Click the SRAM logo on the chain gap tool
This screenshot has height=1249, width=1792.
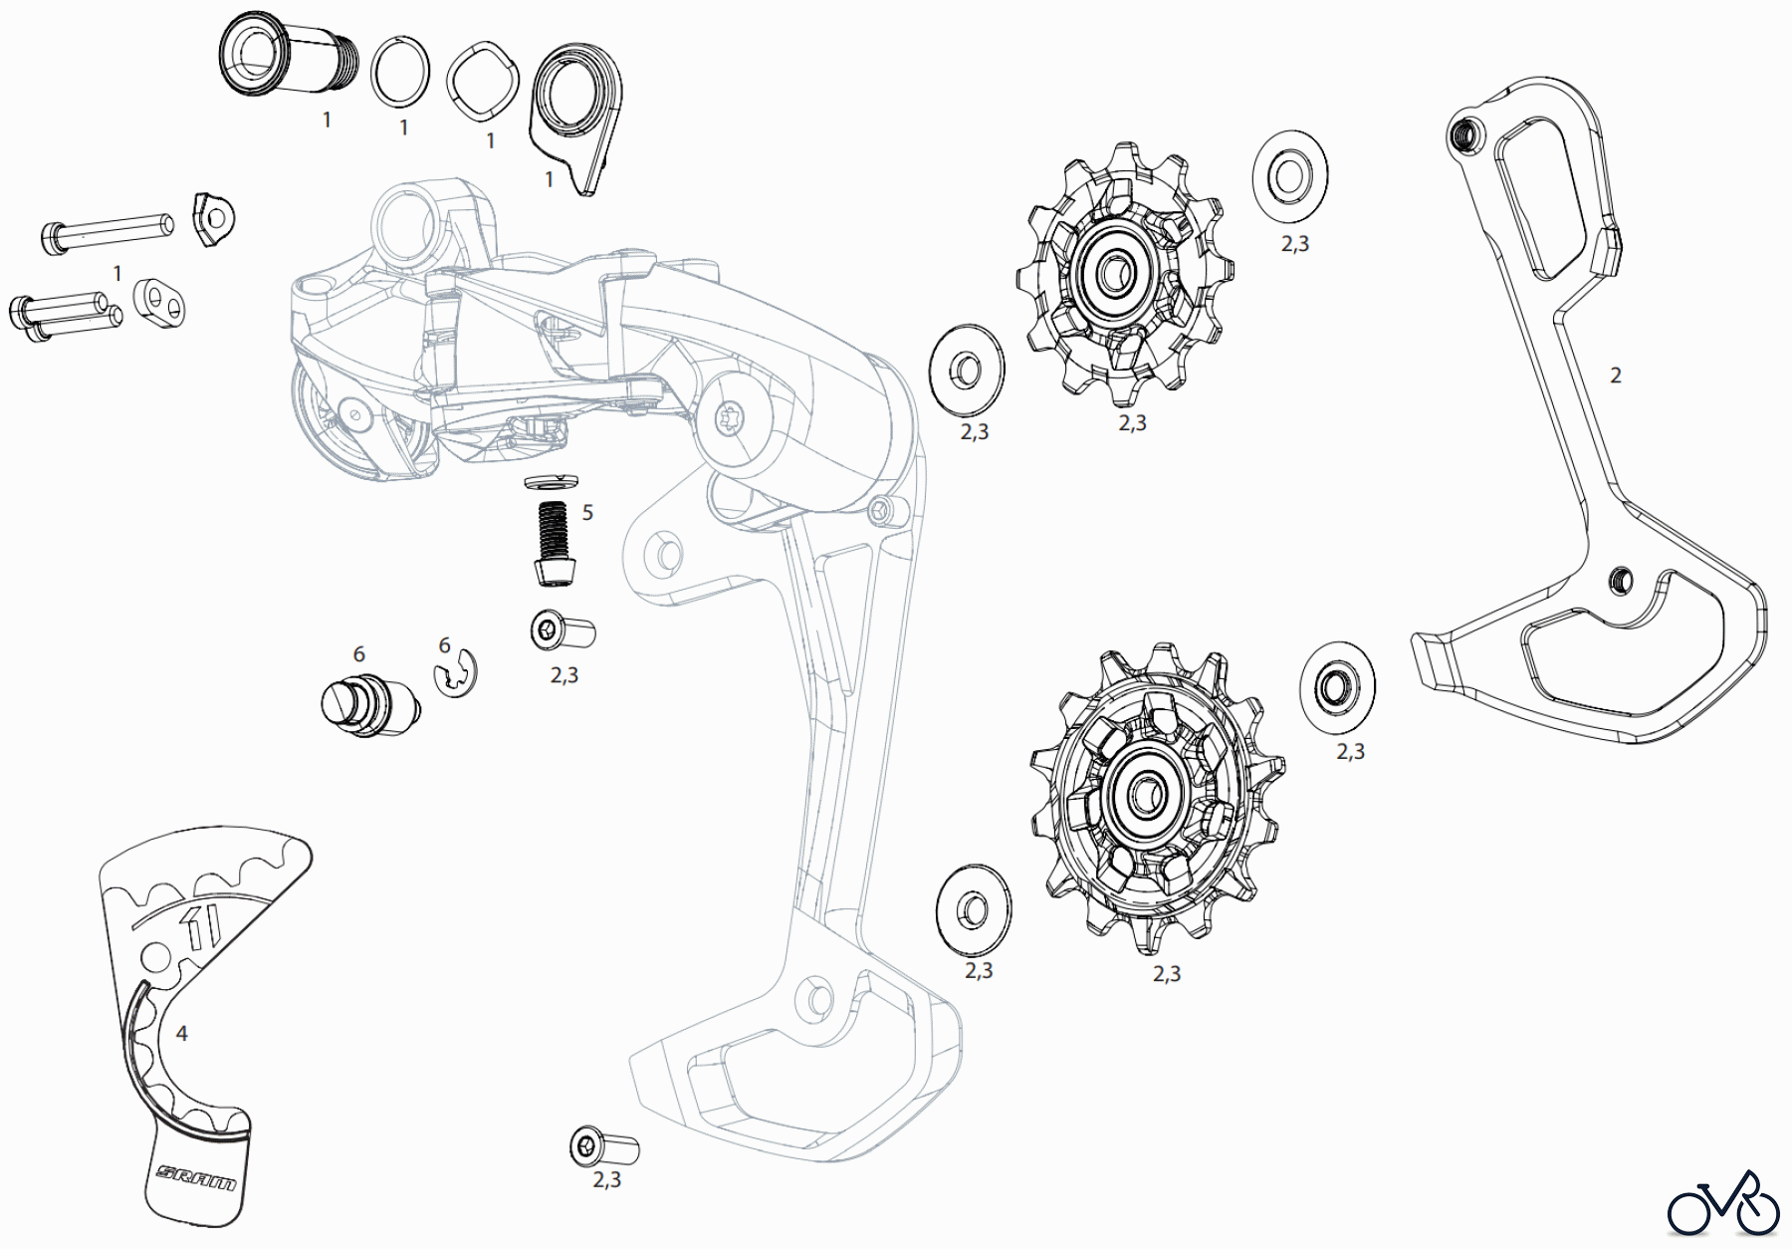click(x=196, y=1176)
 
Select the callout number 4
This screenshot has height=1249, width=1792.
click(x=181, y=1034)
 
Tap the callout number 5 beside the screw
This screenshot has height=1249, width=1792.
click(x=587, y=513)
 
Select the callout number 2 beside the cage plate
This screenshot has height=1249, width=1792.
click(x=1615, y=375)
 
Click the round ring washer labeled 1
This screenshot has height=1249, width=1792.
click(x=400, y=72)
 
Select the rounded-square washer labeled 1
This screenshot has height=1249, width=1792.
click(x=483, y=80)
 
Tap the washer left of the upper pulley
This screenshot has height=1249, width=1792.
click(x=966, y=370)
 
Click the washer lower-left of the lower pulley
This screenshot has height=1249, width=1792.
click(x=973, y=908)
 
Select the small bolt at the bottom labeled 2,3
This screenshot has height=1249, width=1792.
click(x=603, y=1147)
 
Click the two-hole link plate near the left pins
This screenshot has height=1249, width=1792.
click(x=159, y=303)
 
